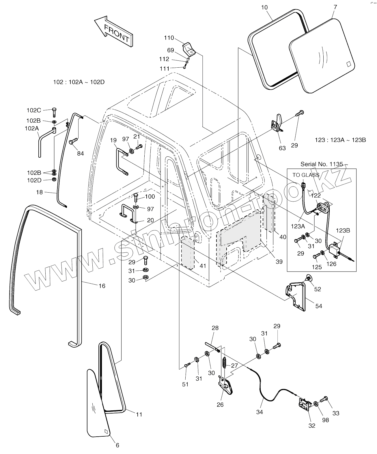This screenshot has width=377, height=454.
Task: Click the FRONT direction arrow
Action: pyautogui.click(x=113, y=31)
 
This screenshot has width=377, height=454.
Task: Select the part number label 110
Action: pyautogui.click(x=169, y=38)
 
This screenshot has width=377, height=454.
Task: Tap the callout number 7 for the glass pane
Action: pyautogui.click(x=335, y=7)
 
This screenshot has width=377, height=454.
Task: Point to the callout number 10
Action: pyautogui.click(x=264, y=8)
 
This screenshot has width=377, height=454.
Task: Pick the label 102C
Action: pyautogui.click(x=34, y=110)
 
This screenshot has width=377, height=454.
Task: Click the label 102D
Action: pyautogui.click(x=34, y=180)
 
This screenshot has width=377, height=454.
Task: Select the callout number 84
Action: pyautogui.click(x=80, y=154)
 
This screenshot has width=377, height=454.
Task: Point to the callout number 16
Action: pyautogui.click(x=102, y=286)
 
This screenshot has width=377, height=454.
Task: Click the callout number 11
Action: pyautogui.click(x=139, y=414)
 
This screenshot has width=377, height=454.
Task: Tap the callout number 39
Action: pyautogui.click(x=279, y=262)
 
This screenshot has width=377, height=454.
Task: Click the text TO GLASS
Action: pyautogui.click(x=306, y=175)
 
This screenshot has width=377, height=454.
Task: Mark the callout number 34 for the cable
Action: pyautogui.click(x=260, y=412)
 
